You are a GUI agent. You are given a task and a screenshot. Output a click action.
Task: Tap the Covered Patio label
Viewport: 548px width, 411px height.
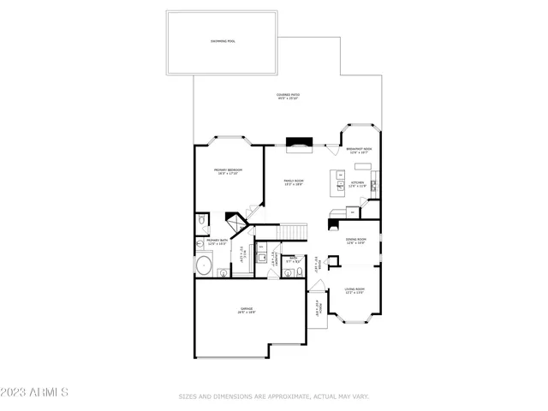(287, 97)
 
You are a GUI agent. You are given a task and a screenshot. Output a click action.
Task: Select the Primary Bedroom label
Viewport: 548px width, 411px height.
(229, 172)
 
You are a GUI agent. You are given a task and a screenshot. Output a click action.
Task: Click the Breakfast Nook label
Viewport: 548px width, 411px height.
(360, 150)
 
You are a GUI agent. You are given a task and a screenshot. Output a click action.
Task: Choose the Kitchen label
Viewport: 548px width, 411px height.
(357, 183)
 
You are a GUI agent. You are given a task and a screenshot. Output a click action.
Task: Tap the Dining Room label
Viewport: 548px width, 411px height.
(356, 241)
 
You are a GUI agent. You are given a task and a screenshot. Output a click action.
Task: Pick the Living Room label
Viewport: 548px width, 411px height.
(355, 293)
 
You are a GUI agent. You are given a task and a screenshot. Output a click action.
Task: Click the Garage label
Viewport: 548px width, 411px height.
(247, 310)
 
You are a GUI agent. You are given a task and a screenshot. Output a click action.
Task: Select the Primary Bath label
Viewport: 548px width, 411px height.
(216, 242)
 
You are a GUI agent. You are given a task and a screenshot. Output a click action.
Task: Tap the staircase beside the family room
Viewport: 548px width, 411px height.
(294, 232)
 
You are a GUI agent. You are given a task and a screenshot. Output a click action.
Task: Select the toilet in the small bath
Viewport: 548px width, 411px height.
(289, 273)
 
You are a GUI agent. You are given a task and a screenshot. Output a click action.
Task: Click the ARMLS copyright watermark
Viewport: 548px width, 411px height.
(34, 392)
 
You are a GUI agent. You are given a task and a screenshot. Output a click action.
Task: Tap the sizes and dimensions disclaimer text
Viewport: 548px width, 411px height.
(273, 396)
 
